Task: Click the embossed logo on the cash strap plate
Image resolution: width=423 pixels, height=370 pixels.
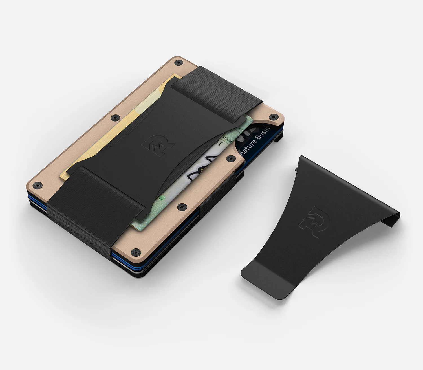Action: [158, 145]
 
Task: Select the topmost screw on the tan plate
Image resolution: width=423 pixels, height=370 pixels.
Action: [177, 62]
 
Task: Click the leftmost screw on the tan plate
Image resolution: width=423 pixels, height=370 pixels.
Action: [37, 185]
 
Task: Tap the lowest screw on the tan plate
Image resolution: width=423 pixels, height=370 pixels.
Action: [136, 251]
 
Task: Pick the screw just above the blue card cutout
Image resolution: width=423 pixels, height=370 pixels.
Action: [273, 116]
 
